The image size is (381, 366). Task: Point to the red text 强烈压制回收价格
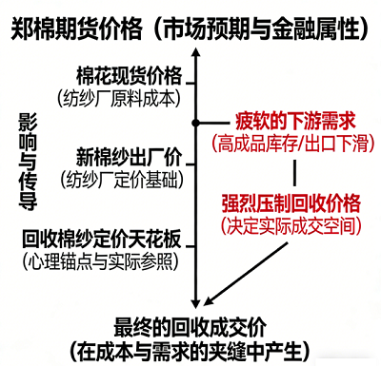pyautogui.click(x=291, y=203)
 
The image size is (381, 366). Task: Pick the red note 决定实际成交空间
pyautogui.click(x=291, y=226)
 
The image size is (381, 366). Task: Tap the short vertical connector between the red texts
pyautogui.click(x=297, y=172)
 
